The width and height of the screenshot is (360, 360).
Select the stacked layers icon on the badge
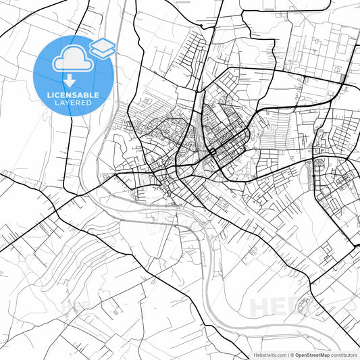click(102, 47)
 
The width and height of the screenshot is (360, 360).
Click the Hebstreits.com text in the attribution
click(269, 355)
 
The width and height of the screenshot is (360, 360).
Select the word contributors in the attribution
click(344, 355)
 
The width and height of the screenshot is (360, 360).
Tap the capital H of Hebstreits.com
click(255, 355)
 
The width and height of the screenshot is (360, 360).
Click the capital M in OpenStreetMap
click(322, 355)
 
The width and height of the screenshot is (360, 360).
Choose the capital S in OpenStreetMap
click(308, 355)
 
